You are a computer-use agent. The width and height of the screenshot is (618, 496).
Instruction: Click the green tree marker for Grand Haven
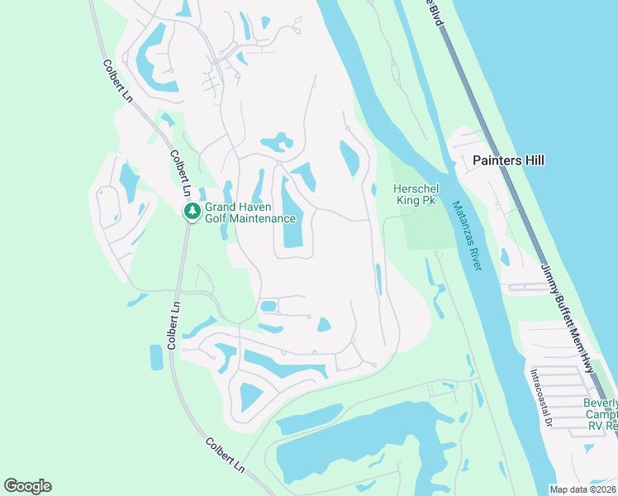click(193, 212)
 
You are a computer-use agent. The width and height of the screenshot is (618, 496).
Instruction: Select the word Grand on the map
click(221, 207)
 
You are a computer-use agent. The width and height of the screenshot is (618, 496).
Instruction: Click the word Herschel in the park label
click(415, 188)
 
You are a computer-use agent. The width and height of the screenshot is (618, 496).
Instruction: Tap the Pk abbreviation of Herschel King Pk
click(428, 200)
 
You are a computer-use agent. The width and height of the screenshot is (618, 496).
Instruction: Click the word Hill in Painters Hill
click(533, 160)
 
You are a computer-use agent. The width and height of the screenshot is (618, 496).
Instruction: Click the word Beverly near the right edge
click(601, 403)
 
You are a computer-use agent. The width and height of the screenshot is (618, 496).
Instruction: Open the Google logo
click(28, 486)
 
